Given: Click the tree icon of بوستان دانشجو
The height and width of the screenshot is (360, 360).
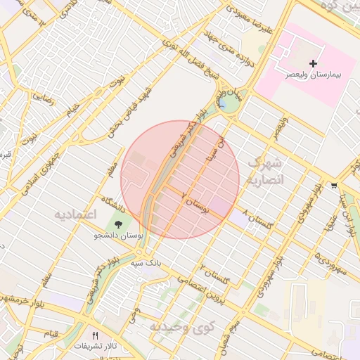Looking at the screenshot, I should (x=117, y=224).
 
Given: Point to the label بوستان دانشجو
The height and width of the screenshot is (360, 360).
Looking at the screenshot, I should (x=117, y=236).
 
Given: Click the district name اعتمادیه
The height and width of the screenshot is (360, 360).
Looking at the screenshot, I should (x=75, y=213).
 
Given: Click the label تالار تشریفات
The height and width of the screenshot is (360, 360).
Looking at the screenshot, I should (x=95, y=346).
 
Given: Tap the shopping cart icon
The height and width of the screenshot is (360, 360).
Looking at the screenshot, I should (x=333, y=186).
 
